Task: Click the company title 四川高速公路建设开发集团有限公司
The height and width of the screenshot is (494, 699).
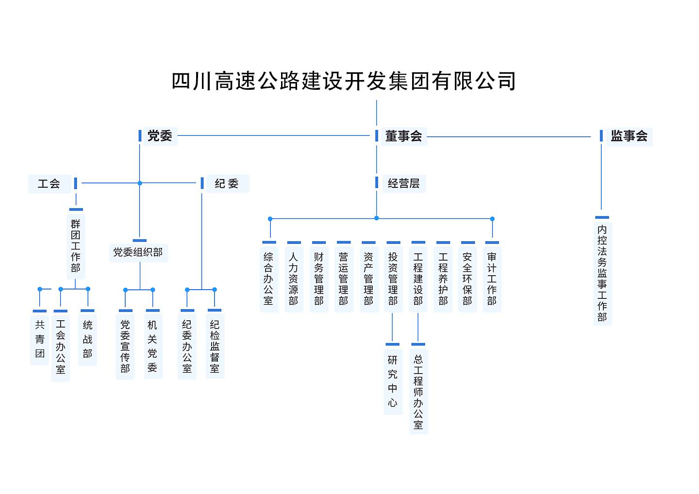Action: click(x=344, y=81)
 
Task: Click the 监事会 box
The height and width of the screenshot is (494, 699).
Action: click(x=629, y=136)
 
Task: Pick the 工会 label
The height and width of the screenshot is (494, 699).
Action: click(x=49, y=183)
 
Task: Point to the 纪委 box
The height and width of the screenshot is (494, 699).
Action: click(x=227, y=183)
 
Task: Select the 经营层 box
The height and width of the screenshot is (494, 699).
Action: click(x=403, y=183)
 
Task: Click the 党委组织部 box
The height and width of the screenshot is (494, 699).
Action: click(x=138, y=252)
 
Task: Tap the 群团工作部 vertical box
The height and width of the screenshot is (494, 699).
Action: click(x=75, y=246)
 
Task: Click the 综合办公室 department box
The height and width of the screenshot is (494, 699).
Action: click(x=268, y=279)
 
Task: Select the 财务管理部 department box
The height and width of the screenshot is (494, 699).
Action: click(x=318, y=279)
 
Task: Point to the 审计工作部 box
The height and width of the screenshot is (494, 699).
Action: click(x=492, y=279)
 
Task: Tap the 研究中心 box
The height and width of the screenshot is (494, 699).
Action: click(x=393, y=381)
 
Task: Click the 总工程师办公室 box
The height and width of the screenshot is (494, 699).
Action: click(x=418, y=392)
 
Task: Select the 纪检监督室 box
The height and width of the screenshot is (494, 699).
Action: click(x=215, y=346)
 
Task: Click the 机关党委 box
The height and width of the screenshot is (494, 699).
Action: click(x=152, y=346)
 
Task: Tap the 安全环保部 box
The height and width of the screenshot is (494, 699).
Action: click(x=467, y=279)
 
